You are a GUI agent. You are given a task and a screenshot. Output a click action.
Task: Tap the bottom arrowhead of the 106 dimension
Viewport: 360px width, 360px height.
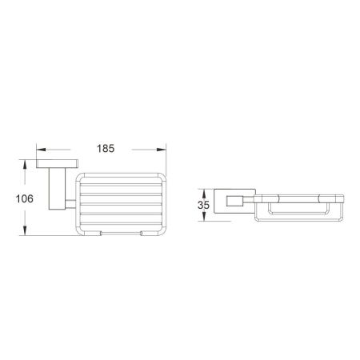click(x=26, y=234)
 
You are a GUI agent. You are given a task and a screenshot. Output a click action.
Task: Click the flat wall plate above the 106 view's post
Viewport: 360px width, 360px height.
click(x=54, y=165)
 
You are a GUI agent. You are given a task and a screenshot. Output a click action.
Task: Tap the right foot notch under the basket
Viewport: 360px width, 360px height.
click(x=141, y=234)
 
